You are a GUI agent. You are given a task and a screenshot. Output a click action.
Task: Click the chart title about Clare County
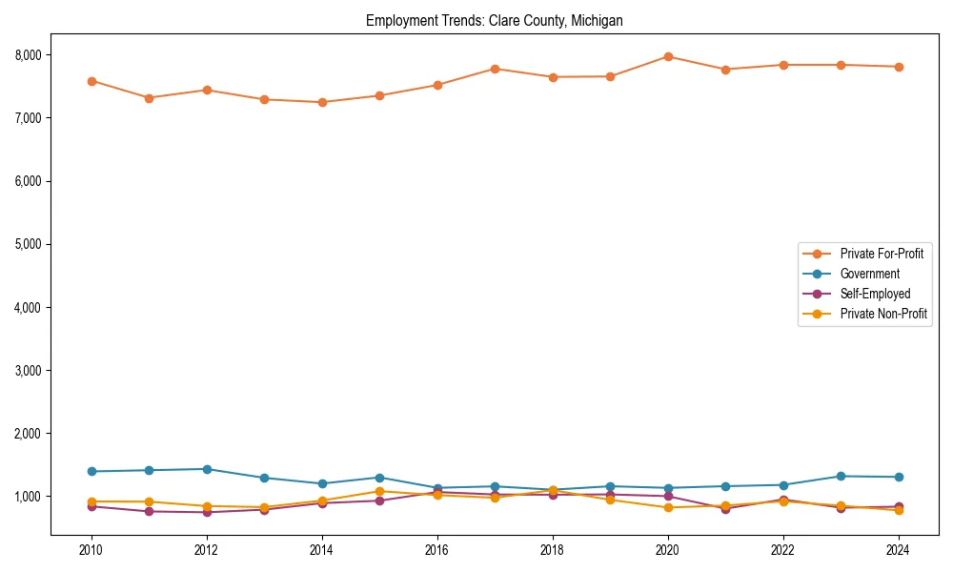coord(494,21)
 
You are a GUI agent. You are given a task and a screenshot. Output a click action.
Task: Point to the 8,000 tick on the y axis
coord(26,55)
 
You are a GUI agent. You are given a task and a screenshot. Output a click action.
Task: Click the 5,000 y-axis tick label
coord(26,244)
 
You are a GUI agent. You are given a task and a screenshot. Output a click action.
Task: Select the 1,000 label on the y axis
coord(26,497)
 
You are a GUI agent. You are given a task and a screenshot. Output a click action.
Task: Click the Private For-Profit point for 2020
coord(668,57)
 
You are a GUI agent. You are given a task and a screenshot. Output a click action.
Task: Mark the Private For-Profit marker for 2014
coord(322,102)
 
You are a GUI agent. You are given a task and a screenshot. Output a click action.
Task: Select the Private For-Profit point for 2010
coord(91,81)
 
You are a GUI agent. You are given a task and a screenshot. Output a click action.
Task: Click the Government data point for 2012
coord(207,469)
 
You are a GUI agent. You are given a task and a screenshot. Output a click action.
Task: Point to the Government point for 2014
coord(322,483)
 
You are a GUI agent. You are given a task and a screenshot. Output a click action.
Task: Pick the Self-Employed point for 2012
coord(207,512)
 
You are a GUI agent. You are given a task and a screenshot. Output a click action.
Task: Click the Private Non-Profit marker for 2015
coord(379,491)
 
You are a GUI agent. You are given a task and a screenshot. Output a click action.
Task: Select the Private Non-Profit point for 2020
coord(668,507)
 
